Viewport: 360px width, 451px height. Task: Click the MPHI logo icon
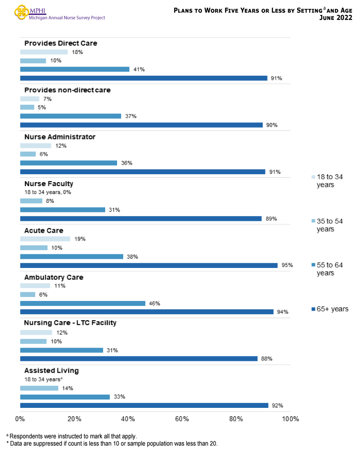click(21, 12)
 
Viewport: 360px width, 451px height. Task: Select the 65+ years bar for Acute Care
click(149, 265)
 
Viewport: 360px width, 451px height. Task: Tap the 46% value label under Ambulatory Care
click(154, 303)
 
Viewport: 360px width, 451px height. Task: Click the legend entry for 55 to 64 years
click(329, 269)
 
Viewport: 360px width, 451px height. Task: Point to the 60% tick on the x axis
click(182, 418)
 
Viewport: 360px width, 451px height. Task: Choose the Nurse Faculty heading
click(49, 183)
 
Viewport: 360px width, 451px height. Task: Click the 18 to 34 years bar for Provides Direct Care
click(44, 52)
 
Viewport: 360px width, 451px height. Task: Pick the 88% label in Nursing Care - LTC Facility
click(267, 359)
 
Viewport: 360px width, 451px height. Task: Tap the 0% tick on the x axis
click(20, 418)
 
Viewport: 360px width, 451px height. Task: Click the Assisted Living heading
click(51, 370)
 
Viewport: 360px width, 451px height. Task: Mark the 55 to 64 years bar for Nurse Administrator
click(69, 163)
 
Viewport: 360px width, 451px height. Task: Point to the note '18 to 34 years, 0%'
click(48, 192)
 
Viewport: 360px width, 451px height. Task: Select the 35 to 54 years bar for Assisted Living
click(39, 388)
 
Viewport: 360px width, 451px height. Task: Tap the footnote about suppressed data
click(112, 443)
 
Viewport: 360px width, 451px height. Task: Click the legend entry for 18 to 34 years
click(329, 181)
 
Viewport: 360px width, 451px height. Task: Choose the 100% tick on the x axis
click(290, 418)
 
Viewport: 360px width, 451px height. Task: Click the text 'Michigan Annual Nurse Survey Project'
click(67, 18)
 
